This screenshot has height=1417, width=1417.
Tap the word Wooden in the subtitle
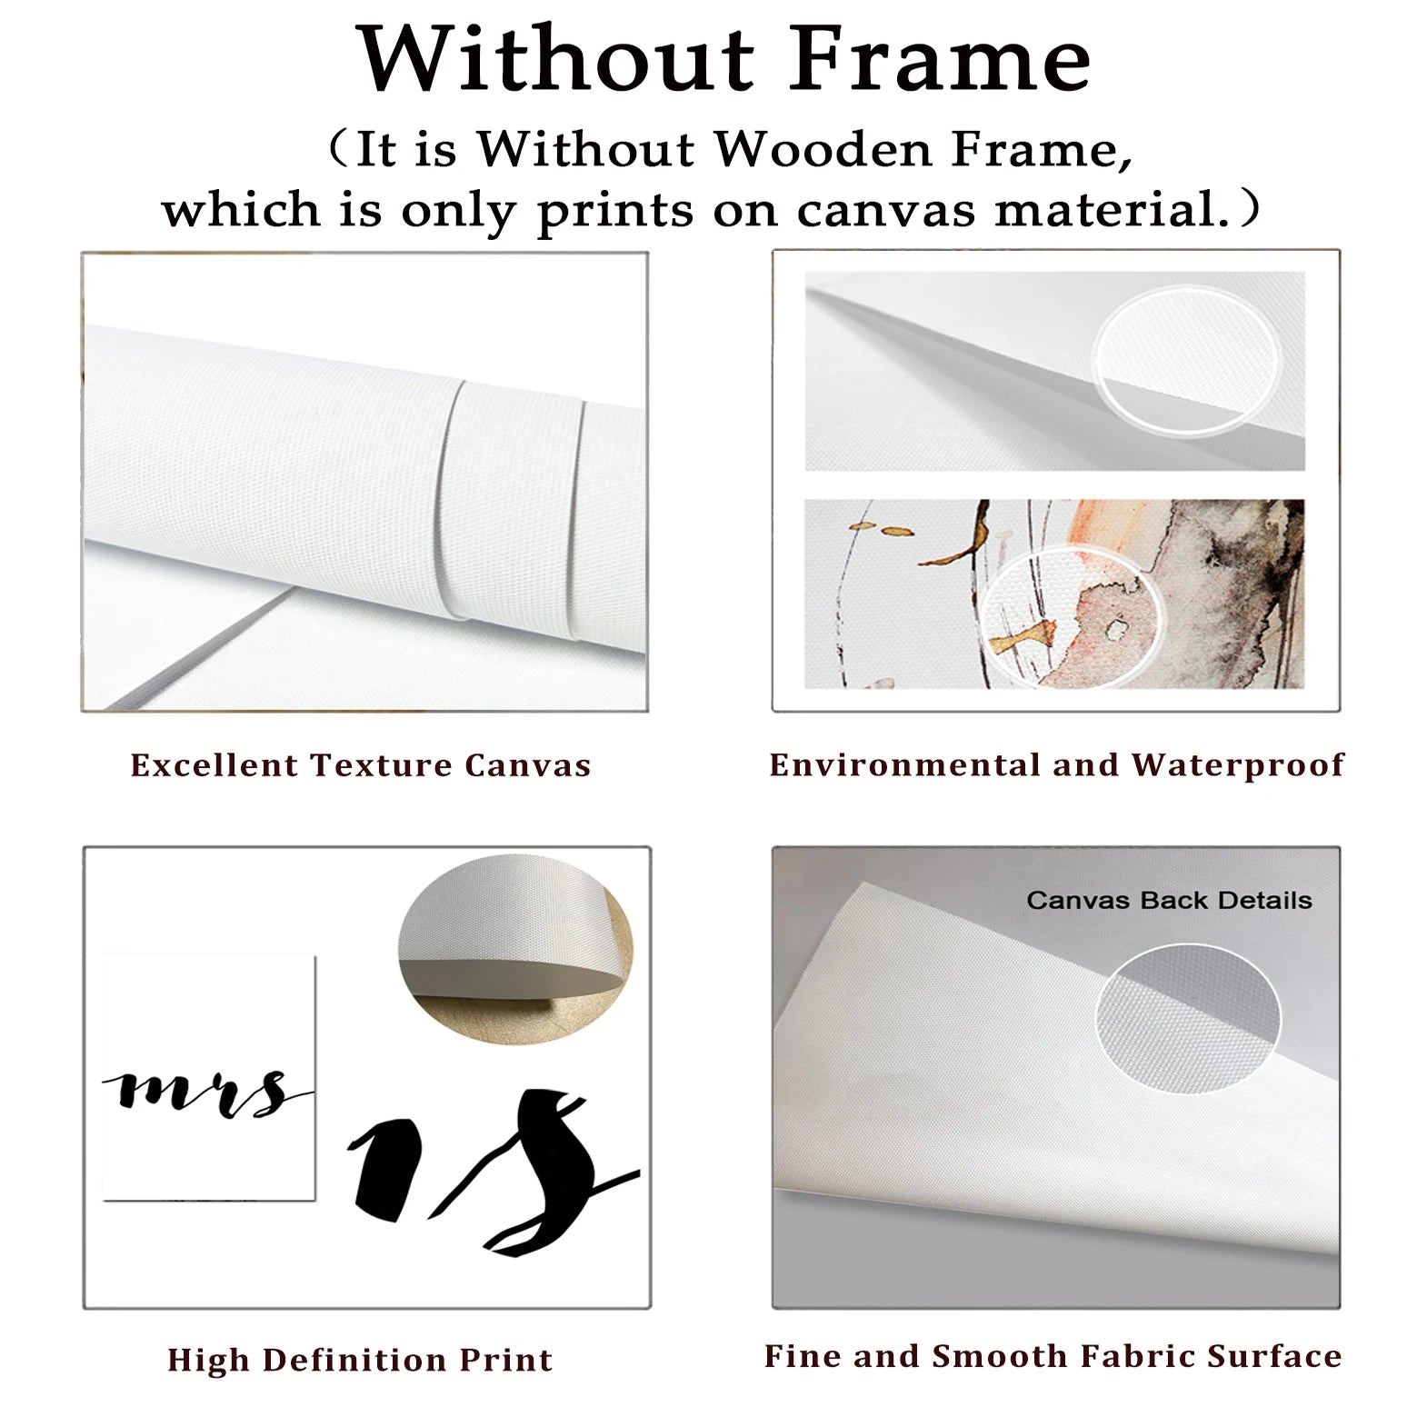coord(823,149)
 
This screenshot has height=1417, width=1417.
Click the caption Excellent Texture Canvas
coord(361,765)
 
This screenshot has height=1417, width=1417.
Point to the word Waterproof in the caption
coord(1238,766)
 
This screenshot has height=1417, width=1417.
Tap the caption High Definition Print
coord(360,1360)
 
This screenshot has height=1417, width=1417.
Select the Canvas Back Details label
coord(1169,900)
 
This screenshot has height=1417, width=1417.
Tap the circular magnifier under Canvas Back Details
coord(1188,1018)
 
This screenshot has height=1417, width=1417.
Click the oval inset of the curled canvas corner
coord(515,950)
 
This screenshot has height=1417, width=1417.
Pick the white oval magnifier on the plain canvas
coord(1186,358)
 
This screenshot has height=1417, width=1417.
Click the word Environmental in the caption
coord(904,765)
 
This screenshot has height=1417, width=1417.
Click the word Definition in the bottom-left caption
coord(354,1360)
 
